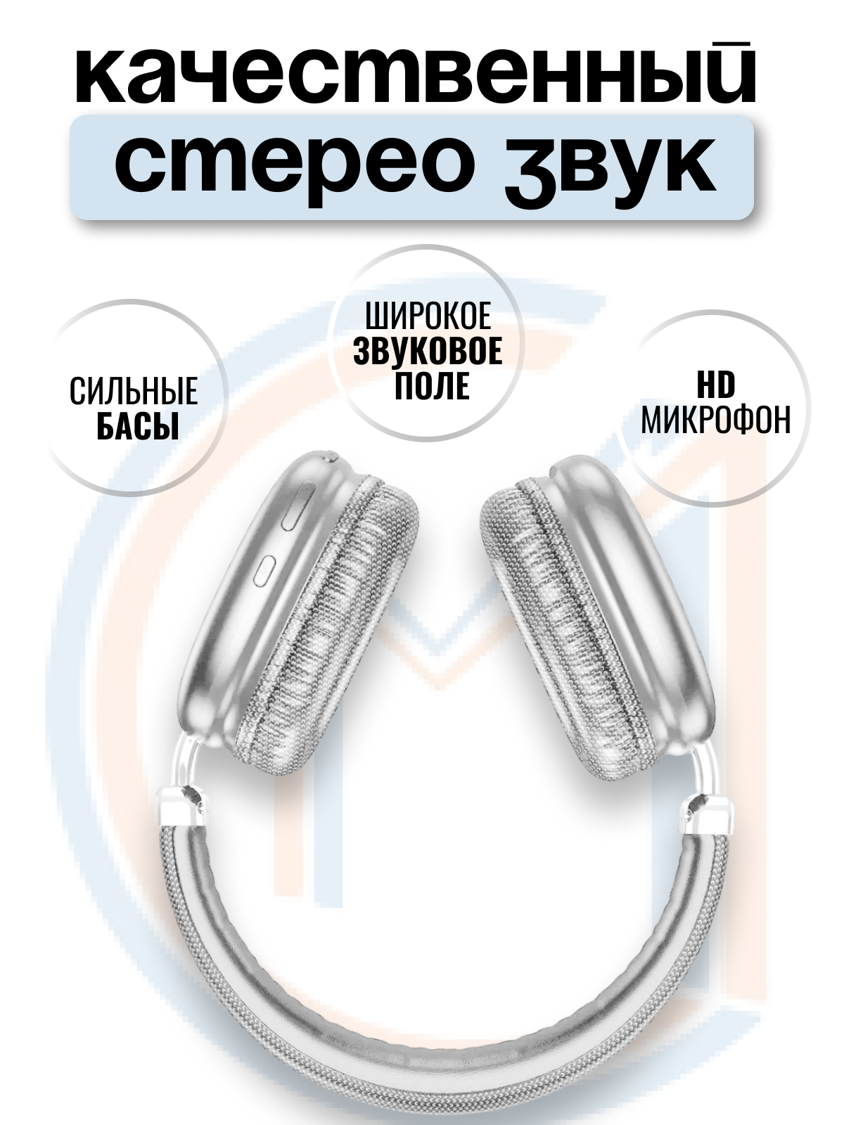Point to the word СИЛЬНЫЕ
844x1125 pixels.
pyautogui.click(x=134, y=391)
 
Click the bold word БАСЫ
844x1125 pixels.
pyautogui.click(x=137, y=426)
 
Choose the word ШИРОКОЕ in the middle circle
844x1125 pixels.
pyautogui.click(x=428, y=316)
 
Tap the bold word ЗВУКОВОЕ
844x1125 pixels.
pyautogui.click(x=428, y=352)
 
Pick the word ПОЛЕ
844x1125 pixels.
pyautogui.click(x=431, y=386)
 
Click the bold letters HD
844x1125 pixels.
pyautogui.click(x=715, y=385)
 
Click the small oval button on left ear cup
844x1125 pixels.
pyautogui.click(x=265, y=570)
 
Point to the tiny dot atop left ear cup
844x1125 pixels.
pyautogui.click(x=329, y=458)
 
